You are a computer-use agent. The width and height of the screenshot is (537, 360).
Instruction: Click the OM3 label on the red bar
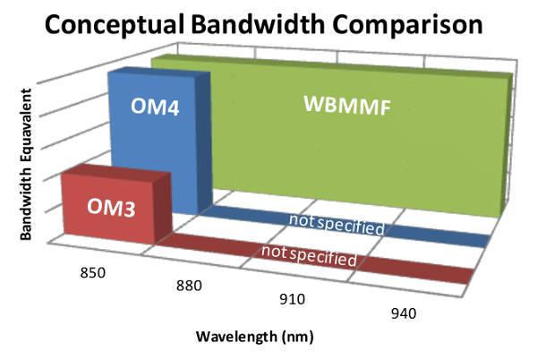pyautogui.click(x=111, y=209)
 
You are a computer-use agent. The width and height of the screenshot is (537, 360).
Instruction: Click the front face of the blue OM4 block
pyautogui.click(x=152, y=143)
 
